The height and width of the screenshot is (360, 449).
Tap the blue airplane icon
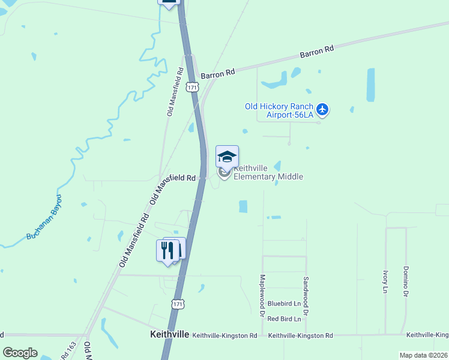[323, 109]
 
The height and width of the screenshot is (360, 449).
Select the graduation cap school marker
[227, 157]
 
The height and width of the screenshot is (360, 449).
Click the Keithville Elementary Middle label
[268, 172]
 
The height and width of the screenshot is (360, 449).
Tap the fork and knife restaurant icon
[167, 250]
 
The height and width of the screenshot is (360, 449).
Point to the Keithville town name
[169, 334]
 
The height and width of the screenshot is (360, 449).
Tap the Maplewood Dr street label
[262, 296]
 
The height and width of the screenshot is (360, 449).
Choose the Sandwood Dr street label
[306, 296]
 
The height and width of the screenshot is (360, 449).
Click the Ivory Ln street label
[385, 282]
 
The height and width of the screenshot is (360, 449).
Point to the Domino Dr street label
[406, 282]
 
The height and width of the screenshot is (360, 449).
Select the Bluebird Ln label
[283, 304]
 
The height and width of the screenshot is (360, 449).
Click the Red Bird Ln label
[283, 319]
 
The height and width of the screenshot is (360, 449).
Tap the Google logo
[20, 353]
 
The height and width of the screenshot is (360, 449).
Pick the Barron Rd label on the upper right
[316, 52]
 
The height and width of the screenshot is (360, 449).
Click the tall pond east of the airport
[370, 85]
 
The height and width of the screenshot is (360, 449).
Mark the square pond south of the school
[243, 206]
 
